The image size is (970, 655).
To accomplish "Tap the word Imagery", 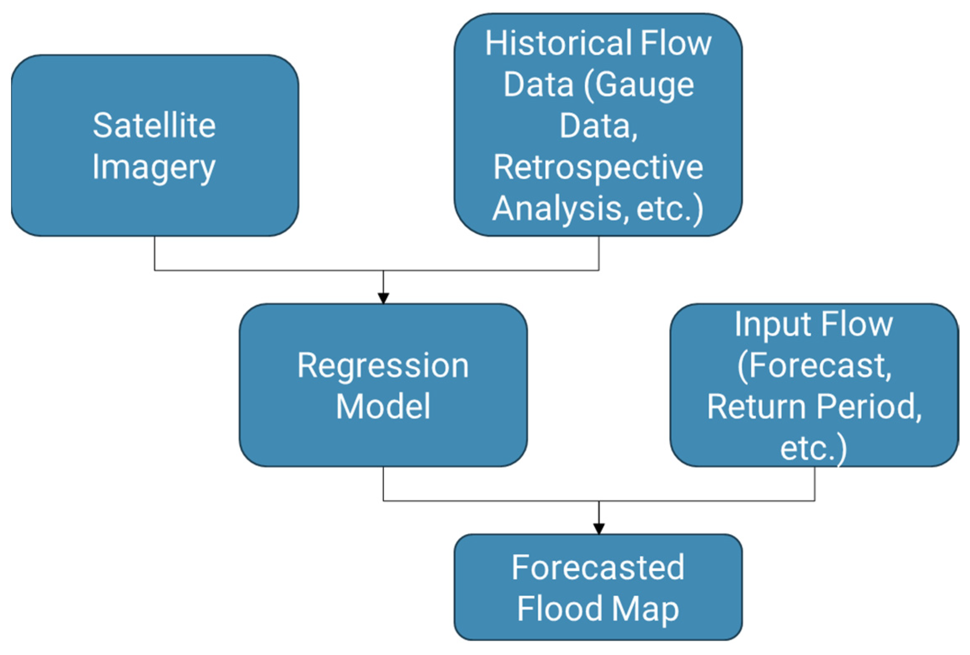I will (154, 168).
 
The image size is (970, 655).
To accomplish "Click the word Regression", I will (383, 366).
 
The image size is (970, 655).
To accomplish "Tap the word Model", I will (383, 407).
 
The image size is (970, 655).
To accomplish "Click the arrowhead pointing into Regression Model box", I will (383, 298).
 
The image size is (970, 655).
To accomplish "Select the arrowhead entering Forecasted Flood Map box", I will (598, 528).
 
